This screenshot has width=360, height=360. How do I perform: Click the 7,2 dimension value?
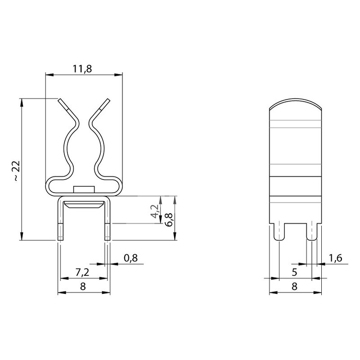coord(82,272)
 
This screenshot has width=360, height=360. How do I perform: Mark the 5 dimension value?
coord(294,272)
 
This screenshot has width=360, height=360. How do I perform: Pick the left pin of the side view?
coord(279,232)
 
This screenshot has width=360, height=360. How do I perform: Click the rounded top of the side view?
coord(296,104)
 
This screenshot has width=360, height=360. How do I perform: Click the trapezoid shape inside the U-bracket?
coord(84,205)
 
